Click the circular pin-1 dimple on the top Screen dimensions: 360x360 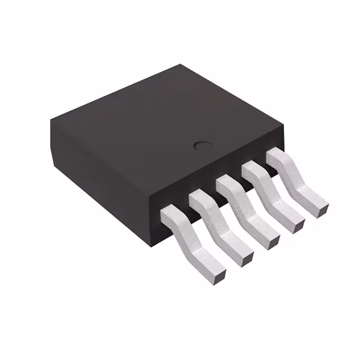click(201, 146)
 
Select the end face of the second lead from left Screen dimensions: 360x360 click(246, 258)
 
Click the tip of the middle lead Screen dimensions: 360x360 click(272, 240)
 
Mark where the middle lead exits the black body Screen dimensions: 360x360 click(226, 182)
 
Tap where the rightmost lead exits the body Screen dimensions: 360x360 click(275, 154)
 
